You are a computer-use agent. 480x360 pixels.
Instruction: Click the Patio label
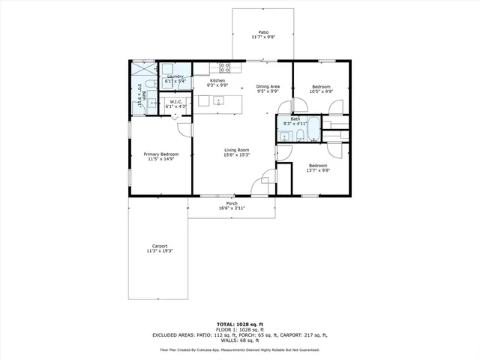[263, 32]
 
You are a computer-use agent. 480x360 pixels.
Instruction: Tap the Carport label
[160, 246]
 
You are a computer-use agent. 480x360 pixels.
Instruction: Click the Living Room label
[236, 150]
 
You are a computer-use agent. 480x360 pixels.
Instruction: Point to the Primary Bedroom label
[161, 154]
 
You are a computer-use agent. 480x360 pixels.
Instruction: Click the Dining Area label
[268, 86]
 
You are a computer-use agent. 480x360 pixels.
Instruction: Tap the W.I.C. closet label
[176, 102]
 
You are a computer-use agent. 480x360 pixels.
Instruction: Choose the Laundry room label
[176, 76]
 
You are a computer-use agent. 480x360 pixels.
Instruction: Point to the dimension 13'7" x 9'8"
[317, 170]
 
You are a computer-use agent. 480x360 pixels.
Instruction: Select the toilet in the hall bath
[298, 135]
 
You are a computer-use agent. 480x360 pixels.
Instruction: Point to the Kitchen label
[217, 80]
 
